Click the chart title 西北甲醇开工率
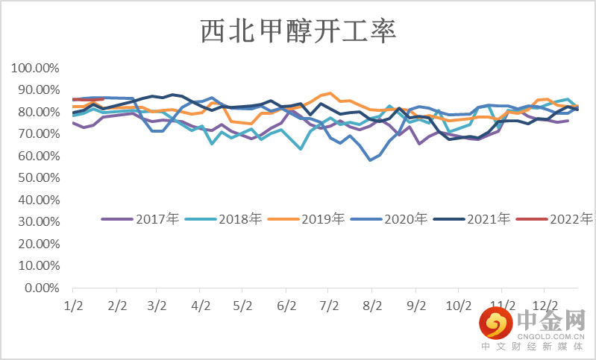point(298,32)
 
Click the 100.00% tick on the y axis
point(34,69)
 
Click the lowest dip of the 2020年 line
point(370,160)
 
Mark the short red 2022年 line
point(87,98)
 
